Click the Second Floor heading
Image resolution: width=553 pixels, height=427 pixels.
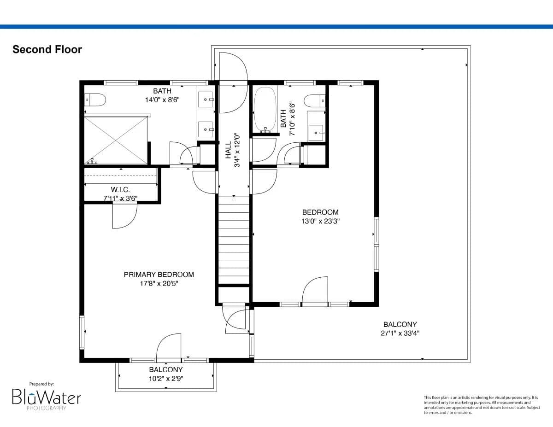point(47,49)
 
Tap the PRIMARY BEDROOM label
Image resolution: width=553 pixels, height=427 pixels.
point(159,275)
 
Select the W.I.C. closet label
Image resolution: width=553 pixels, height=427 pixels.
point(120,189)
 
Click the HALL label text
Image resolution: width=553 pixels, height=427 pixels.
point(228,150)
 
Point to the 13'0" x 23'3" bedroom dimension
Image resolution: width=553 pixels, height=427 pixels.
point(320,221)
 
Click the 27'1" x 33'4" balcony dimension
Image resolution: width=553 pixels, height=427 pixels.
point(400,333)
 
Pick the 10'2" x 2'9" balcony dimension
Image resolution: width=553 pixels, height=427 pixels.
point(165,378)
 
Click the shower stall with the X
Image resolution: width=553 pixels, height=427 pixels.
point(116,139)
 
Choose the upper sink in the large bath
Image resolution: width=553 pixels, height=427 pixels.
point(206,99)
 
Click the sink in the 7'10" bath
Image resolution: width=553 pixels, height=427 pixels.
point(316,133)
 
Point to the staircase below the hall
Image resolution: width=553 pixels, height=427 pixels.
point(234,240)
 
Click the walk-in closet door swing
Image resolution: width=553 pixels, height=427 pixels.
point(125,216)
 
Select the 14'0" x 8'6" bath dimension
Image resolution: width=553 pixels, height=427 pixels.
point(162,99)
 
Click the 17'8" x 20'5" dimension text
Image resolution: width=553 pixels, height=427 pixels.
point(159,284)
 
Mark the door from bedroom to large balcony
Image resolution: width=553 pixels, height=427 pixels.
point(315,291)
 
